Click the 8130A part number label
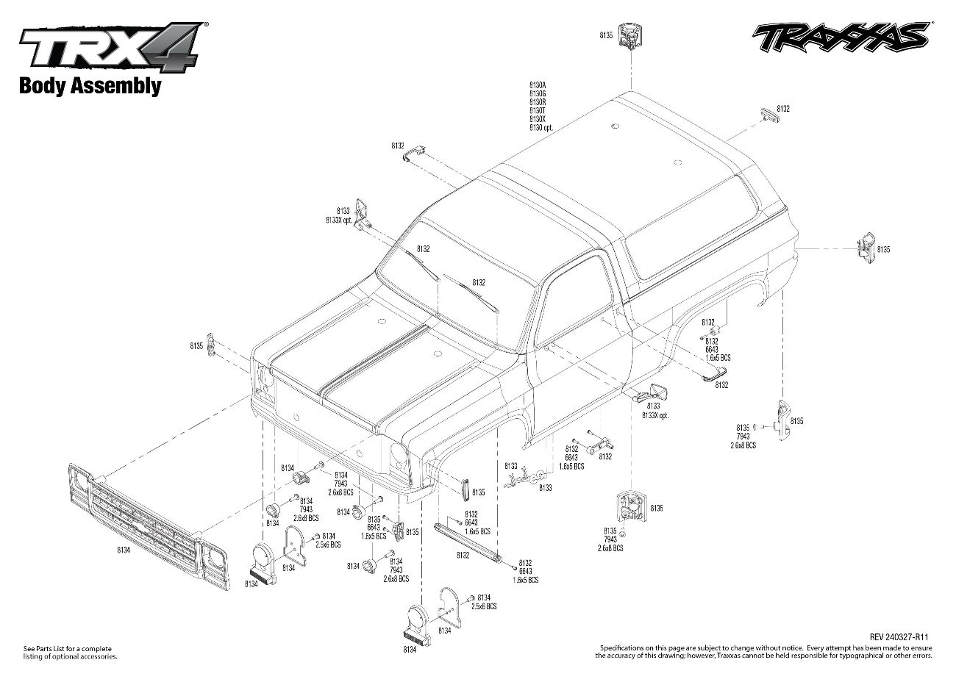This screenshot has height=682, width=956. coord(538,86)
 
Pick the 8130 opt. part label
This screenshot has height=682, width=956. coord(541,127)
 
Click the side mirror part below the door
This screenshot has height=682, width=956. coord(650,392)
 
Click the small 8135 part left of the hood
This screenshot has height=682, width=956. coord(212,344)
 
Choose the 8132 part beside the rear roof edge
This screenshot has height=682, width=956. coord(768,115)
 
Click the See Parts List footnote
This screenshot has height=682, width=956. coord(70,652)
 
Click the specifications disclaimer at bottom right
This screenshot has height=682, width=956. coord(765,651)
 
